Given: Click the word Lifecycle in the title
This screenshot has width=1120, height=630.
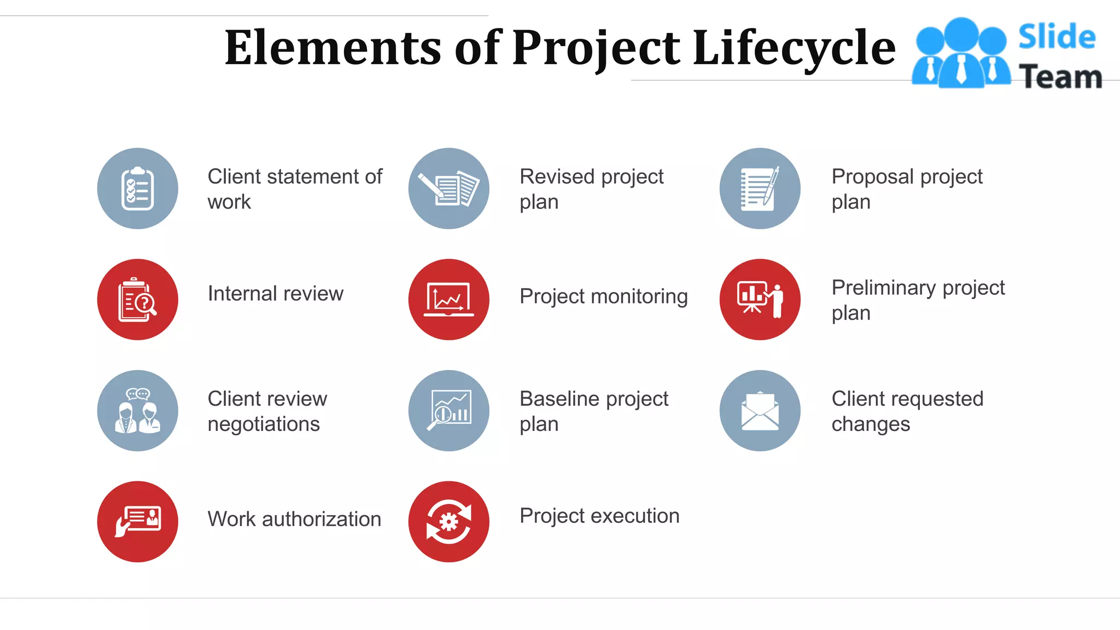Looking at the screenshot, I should pos(794,48).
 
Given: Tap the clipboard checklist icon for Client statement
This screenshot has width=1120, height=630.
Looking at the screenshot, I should pos(137,189).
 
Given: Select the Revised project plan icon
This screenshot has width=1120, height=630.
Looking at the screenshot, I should pos(448,189).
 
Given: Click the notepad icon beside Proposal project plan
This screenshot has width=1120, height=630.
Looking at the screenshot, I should pos(760,189).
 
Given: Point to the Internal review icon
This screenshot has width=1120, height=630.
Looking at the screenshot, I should pos(137,300).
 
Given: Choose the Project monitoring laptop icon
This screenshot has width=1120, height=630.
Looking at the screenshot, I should pos(448,300).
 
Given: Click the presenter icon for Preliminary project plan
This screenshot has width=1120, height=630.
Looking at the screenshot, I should pos(760,300).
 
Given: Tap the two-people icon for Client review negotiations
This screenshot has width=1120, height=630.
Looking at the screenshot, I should pos(137,411).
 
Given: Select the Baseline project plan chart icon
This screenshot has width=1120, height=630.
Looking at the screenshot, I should pos(448,411).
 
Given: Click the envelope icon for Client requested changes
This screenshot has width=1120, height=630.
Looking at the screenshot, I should pos(760,411).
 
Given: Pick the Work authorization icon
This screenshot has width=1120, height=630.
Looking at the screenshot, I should pos(137,522).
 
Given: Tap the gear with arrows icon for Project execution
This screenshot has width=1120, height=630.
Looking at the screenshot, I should pos(448,522).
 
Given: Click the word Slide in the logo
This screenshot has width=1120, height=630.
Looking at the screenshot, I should pos(1057,37).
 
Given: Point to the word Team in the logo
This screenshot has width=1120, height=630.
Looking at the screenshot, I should pos(1060,77).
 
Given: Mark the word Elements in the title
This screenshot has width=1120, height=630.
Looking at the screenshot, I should pos(332,48).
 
